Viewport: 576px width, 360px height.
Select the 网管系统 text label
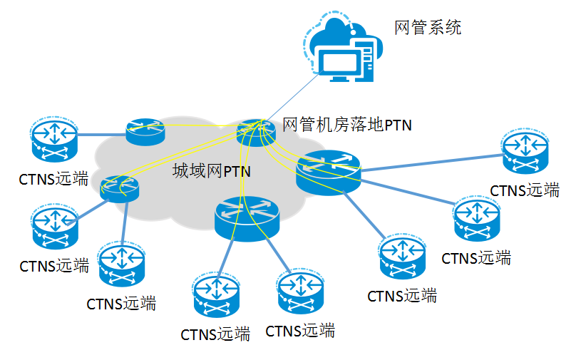click(x=428, y=28)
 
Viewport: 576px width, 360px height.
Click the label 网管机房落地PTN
click(x=347, y=125)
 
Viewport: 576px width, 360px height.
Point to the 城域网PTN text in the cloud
click(x=212, y=172)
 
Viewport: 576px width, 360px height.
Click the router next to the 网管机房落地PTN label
click(x=255, y=133)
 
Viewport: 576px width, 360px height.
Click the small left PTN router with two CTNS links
click(x=120, y=188)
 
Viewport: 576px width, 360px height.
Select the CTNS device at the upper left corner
click(x=53, y=140)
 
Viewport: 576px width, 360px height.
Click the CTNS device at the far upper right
click(x=525, y=152)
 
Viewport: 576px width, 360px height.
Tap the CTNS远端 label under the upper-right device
click(x=525, y=190)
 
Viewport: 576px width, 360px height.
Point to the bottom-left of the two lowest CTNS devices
click(x=215, y=295)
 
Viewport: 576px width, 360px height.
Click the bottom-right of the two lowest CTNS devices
click(x=300, y=291)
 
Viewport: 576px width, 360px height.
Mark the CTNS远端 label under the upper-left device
click(x=53, y=178)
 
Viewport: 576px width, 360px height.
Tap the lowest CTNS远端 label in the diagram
click(x=215, y=334)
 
